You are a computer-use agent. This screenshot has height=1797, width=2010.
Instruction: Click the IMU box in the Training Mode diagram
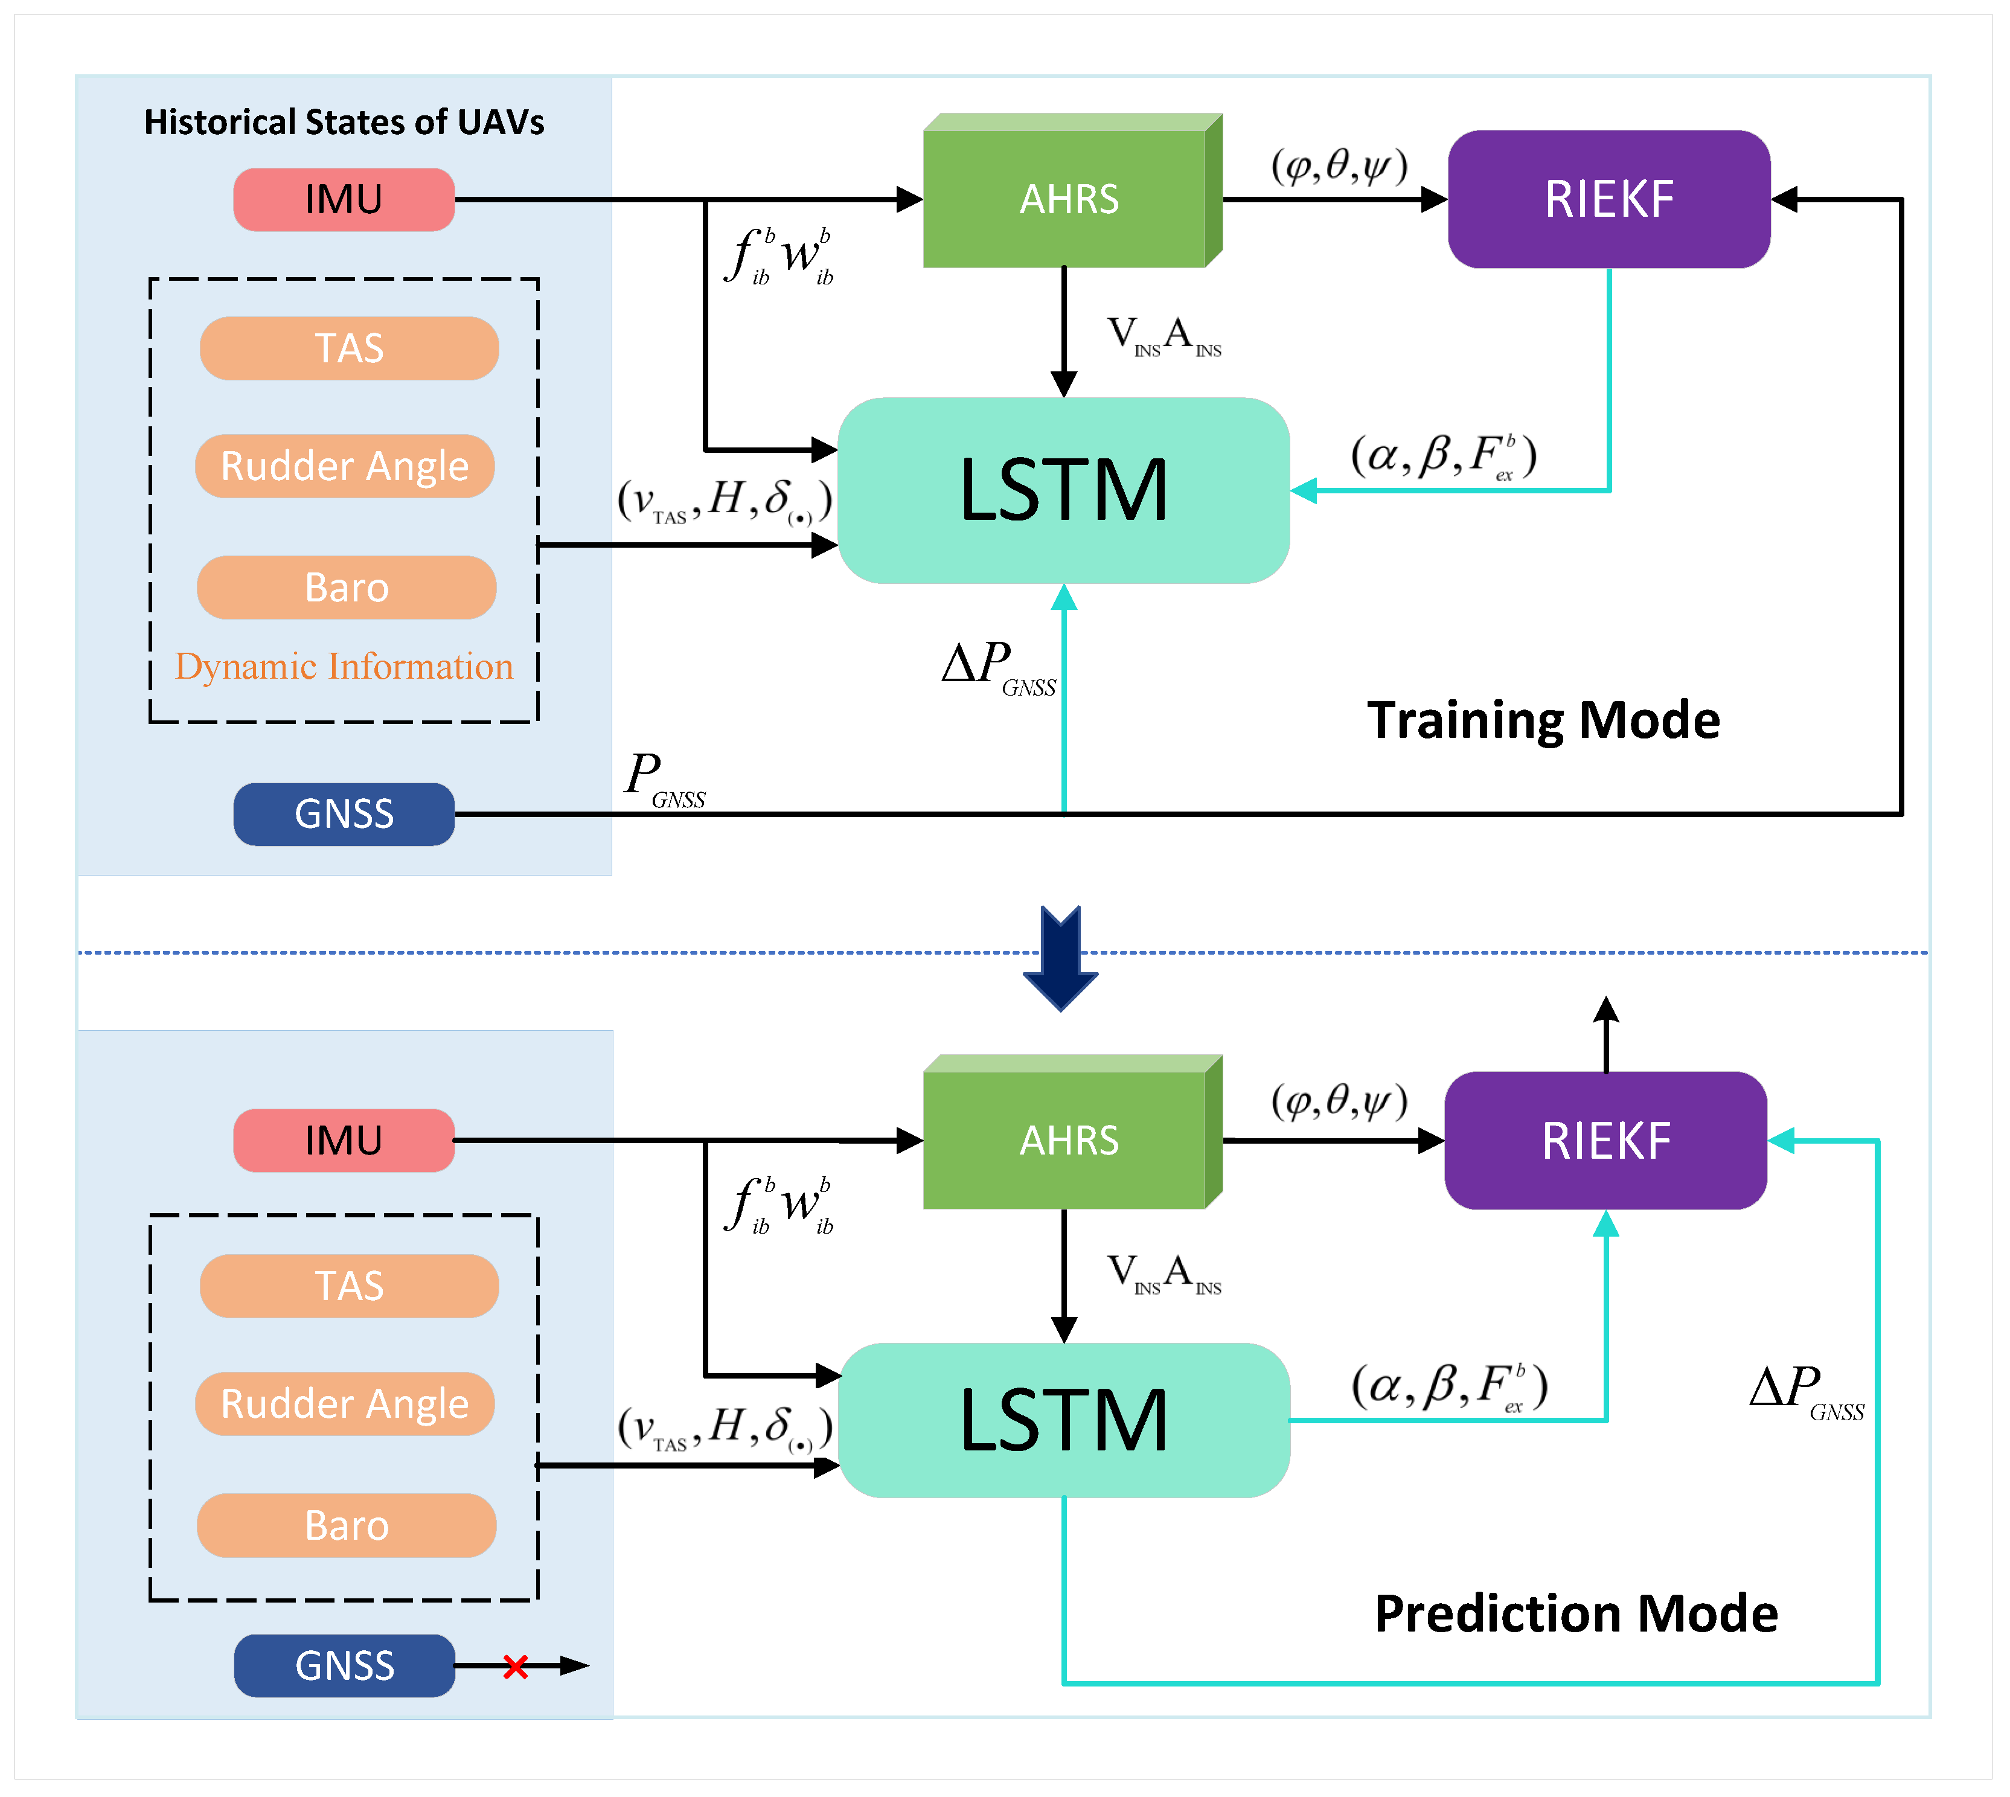click(x=344, y=199)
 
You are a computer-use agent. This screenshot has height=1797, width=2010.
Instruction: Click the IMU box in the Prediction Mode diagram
click(x=344, y=1141)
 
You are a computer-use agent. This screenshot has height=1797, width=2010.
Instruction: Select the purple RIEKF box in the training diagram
click(x=1608, y=199)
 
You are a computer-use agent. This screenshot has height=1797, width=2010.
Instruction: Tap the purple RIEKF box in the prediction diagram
click(x=1605, y=1141)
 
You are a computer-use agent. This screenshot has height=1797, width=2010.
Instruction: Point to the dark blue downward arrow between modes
click(x=1060, y=958)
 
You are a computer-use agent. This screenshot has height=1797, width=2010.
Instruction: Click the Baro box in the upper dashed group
click(x=347, y=588)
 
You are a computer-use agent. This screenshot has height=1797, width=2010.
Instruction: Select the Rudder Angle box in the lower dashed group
click(x=345, y=1403)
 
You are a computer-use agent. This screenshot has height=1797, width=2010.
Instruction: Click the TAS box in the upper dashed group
click(x=348, y=348)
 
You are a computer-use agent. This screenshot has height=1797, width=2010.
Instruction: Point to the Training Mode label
click(x=1543, y=720)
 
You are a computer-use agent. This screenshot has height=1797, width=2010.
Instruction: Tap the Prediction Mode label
click(x=1576, y=1614)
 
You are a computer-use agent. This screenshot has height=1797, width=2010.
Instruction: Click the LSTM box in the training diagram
click(x=1063, y=491)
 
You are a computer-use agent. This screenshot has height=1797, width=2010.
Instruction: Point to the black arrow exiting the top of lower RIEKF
click(x=1606, y=1032)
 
